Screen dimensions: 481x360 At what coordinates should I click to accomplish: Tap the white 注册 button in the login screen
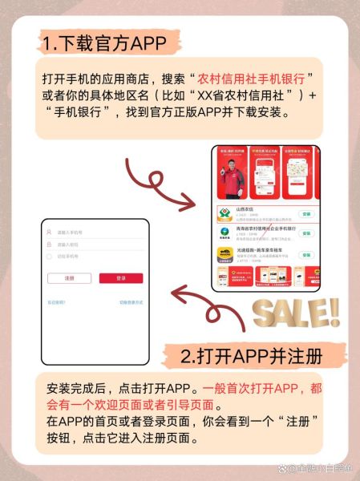coord(70,278)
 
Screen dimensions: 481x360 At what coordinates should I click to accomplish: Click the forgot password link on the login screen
coord(56,302)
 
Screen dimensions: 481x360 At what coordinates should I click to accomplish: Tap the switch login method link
coord(131,302)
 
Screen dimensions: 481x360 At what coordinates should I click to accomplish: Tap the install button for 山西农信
coord(305,214)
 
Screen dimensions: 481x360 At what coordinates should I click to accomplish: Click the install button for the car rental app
coord(305,253)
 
